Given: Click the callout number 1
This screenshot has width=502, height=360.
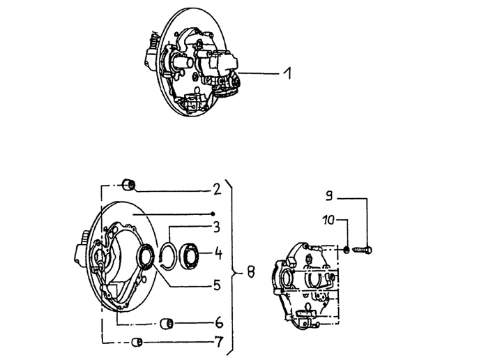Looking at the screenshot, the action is point(287,73).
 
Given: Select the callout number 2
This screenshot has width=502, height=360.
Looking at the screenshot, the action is point(217,189).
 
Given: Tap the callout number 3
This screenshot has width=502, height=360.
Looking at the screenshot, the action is point(217,227).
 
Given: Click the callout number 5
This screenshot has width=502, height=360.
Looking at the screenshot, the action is point(217,285).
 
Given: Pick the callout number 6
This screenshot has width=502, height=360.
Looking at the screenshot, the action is point(219,323).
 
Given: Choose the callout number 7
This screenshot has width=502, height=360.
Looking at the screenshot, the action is point(219,342).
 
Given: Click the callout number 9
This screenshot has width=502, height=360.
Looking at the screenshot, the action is point(329,195).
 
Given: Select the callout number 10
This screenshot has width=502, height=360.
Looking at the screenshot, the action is point(329,220).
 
